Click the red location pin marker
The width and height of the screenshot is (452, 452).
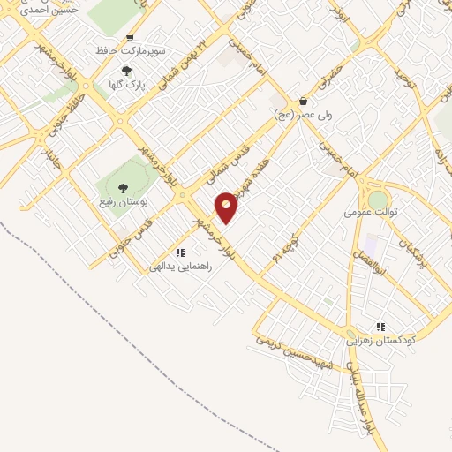[227, 207]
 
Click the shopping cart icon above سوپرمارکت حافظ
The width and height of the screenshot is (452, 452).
[130, 37]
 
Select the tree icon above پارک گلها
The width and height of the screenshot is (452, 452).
[126, 71]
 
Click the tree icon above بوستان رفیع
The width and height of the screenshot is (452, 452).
[121, 187]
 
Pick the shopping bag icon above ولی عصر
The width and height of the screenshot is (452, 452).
[303, 101]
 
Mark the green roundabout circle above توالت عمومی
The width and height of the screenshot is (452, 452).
[378, 199]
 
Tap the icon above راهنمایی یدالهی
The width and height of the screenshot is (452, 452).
[180, 252]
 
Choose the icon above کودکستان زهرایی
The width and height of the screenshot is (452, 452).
[381, 327]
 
